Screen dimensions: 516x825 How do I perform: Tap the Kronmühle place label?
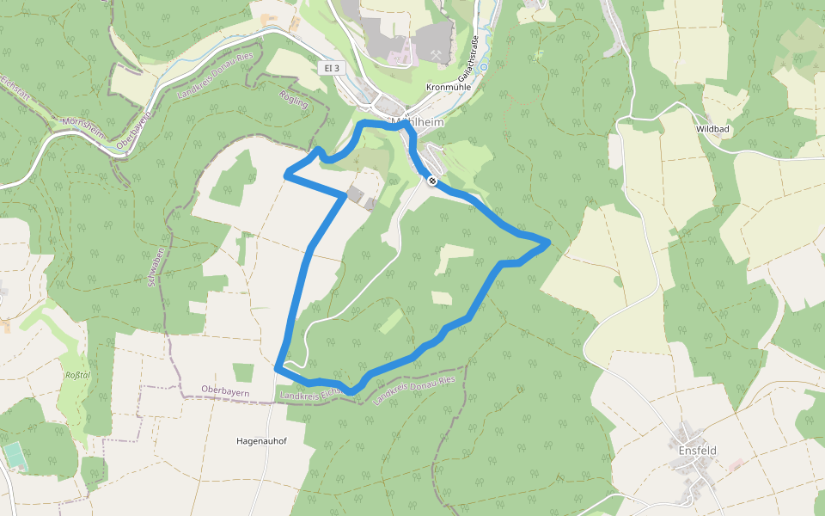[449, 88]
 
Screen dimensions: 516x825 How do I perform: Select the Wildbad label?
[712, 129]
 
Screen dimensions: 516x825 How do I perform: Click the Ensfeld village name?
[697, 451]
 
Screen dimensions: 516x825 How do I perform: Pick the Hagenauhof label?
[261, 441]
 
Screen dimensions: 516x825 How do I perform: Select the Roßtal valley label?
[78, 375]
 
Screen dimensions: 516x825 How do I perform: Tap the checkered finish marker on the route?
[431, 181]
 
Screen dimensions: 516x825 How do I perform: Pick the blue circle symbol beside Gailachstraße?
[484, 66]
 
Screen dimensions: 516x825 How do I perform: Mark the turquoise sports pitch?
[15, 456]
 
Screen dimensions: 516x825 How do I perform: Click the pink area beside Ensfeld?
[736, 464]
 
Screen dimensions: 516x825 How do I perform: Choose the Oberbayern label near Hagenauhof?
[224, 391]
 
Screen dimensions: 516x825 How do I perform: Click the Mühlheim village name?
[416, 122]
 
